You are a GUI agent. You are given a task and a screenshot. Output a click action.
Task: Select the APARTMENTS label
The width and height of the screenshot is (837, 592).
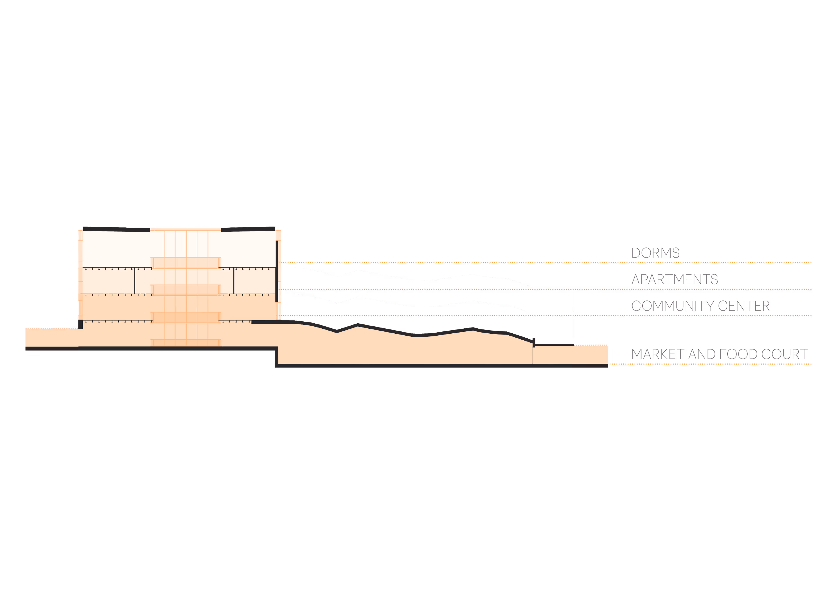point(674,279)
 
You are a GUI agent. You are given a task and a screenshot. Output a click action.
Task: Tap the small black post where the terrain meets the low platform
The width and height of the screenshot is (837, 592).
point(534,343)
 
